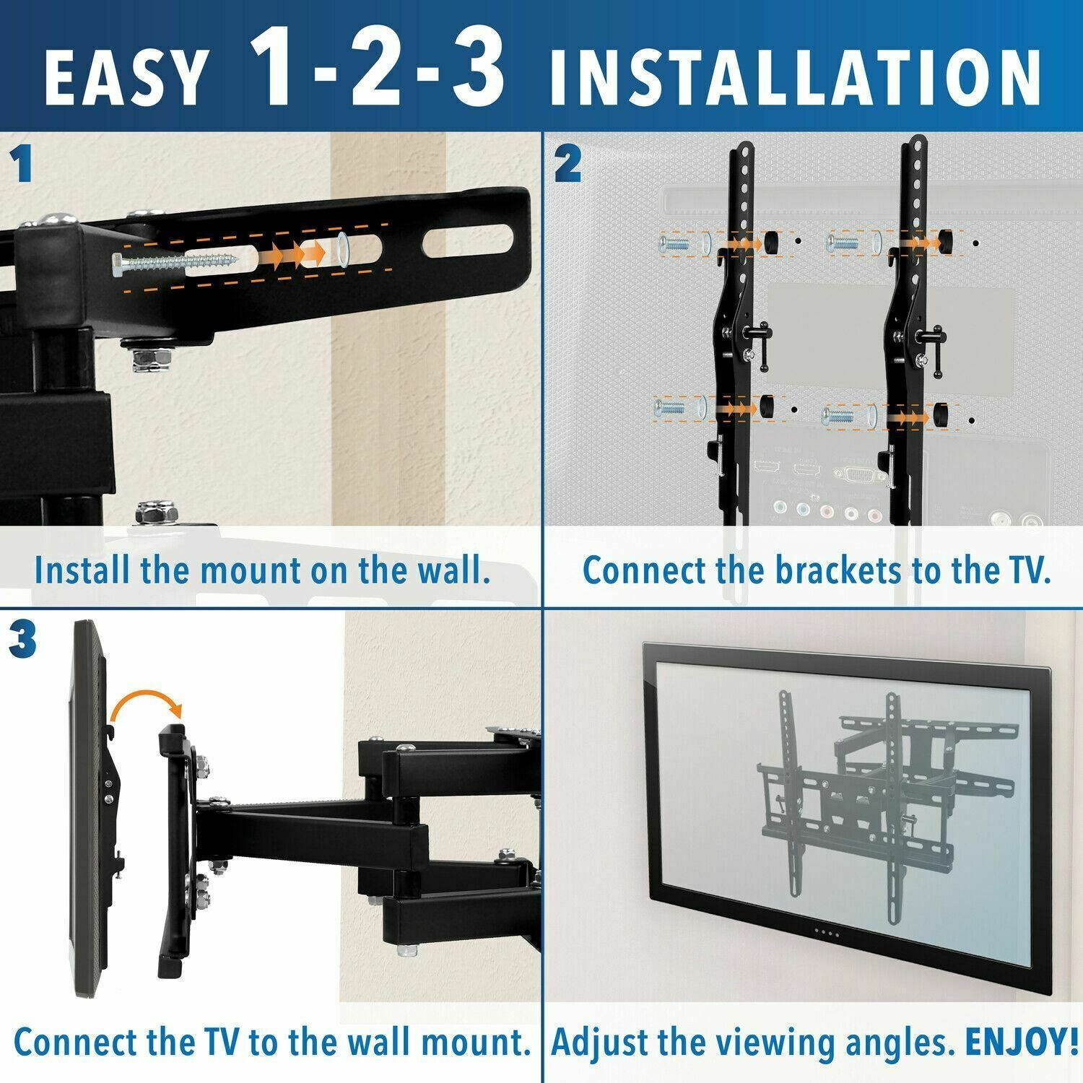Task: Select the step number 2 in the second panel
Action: point(568,165)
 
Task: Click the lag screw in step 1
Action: point(173,261)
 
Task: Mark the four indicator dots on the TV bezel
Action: point(824,932)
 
